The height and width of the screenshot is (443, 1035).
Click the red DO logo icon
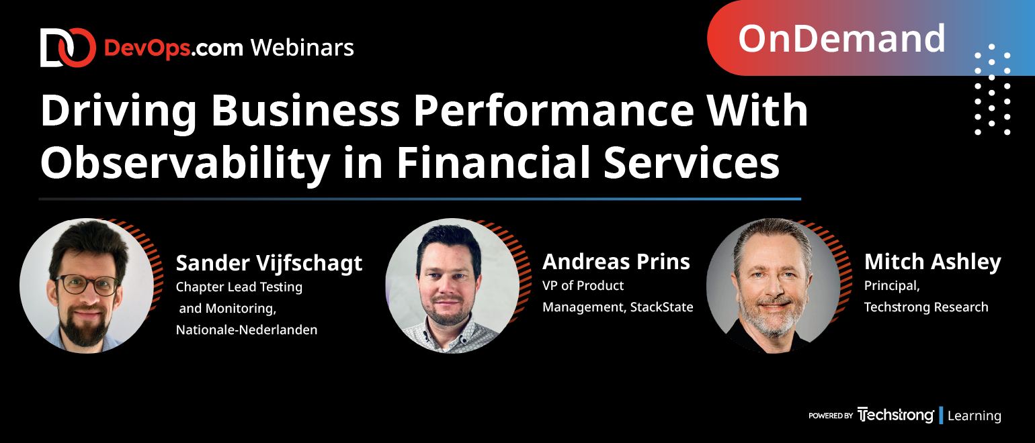tap(68, 48)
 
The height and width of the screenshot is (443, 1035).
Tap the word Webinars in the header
tap(302, 48)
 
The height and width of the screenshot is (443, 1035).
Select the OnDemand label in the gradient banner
tap(841, 38)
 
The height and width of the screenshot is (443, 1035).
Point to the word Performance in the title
tap(553, 111)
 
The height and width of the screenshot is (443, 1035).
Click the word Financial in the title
tap(493, 162)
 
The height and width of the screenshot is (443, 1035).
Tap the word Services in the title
tap(691, 162)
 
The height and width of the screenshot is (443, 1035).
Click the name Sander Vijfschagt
tap(269, 264)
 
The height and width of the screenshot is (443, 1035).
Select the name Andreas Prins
tap(616, 262)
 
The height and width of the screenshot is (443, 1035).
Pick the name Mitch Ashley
tap(932, 262)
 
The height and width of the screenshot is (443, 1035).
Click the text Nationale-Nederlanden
tap(246, 330)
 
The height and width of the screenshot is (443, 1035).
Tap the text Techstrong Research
tap(926, 307)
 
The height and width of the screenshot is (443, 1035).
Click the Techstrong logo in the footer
tap(895, 415)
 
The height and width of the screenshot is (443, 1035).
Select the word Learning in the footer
tap(974, 416)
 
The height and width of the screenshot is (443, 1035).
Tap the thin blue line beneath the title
tap(419, 199)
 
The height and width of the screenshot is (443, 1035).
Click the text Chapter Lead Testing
tap(239, 287)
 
